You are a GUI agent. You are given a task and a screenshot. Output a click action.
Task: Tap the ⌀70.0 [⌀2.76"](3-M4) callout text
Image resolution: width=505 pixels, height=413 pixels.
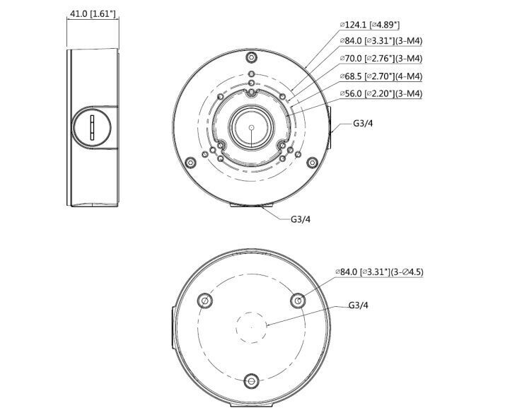coord(381,59)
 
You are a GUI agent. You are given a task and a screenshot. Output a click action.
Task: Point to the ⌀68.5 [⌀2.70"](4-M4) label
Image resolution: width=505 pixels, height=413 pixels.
coord(381,76)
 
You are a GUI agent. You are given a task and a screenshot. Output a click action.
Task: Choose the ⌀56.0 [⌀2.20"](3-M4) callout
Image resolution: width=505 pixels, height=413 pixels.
coord(381,93)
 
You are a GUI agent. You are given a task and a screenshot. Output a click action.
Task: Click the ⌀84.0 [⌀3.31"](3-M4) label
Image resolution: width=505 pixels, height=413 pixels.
coord(381,41)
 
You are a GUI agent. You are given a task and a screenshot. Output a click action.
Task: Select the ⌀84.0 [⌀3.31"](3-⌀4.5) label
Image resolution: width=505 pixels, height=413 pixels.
coord(382,272)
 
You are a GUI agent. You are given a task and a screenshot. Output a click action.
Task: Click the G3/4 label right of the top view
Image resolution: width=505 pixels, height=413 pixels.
coord(363,123)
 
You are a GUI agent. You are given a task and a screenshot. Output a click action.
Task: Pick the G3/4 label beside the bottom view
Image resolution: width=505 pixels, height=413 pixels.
coord(359,306)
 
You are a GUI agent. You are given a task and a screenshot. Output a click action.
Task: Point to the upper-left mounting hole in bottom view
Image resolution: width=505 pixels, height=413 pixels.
coord(205,301)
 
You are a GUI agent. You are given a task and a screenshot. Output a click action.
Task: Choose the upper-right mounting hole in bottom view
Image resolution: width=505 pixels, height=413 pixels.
coord(298,301)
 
